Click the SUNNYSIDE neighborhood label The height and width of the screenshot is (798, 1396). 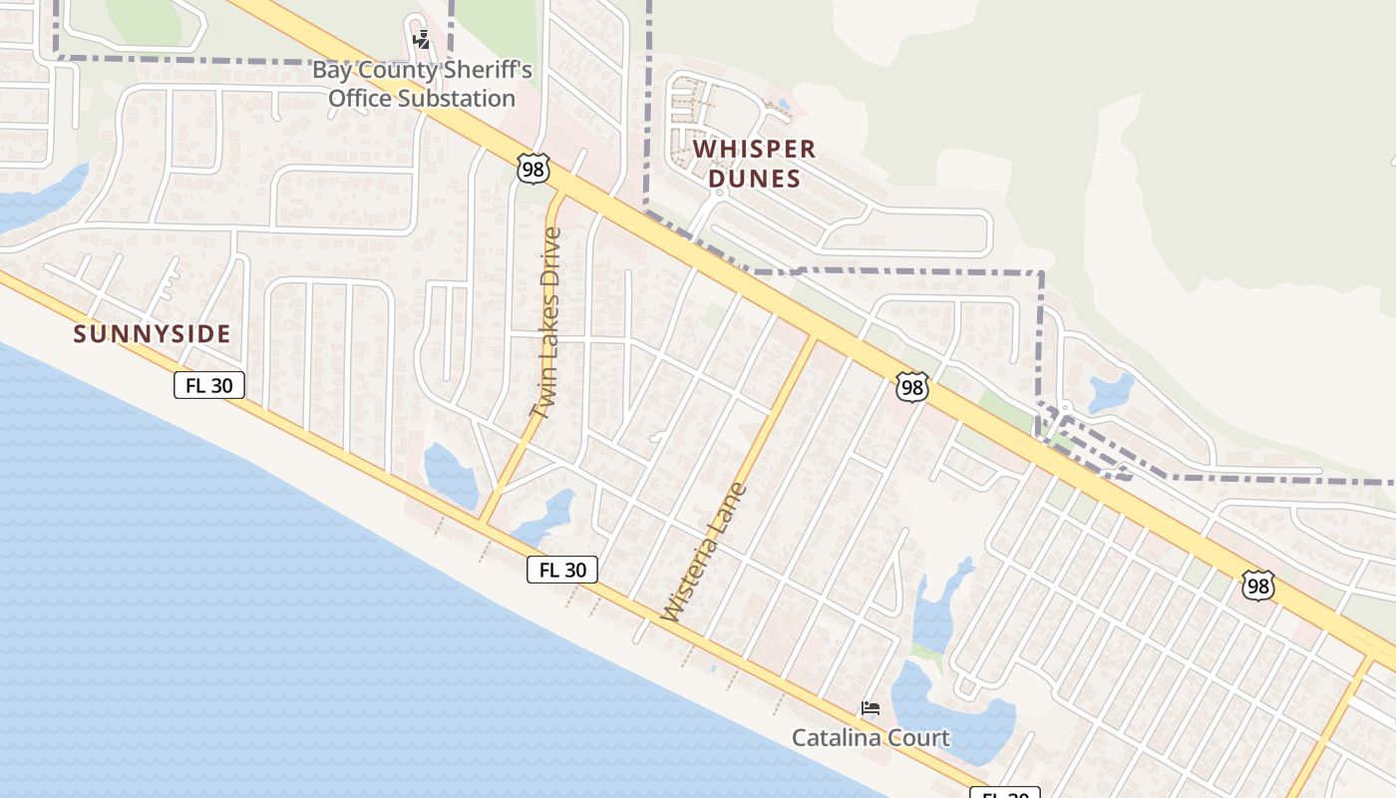152,334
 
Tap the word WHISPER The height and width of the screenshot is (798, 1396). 754,150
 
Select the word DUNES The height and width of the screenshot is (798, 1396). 754,180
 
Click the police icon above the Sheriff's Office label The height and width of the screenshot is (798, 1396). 422,40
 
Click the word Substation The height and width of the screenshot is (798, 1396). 458,99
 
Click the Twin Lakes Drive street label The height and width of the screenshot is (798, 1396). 545,322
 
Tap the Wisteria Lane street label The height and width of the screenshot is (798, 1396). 703,553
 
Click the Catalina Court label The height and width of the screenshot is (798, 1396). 871,738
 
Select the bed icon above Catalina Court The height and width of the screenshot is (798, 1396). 871,709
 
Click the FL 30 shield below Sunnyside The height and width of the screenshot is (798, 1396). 209,385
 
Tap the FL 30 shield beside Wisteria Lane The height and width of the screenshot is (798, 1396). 562,570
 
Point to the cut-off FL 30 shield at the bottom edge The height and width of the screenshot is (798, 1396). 1005,793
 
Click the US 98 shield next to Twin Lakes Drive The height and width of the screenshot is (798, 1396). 533,169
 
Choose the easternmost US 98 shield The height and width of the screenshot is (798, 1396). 1258,586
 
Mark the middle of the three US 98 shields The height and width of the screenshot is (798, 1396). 911,387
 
